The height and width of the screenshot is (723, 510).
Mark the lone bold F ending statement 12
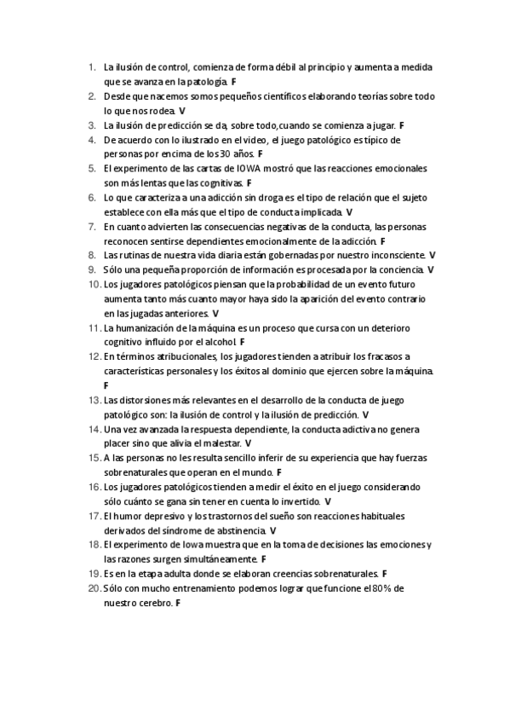106,385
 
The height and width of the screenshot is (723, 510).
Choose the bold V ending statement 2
182,111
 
